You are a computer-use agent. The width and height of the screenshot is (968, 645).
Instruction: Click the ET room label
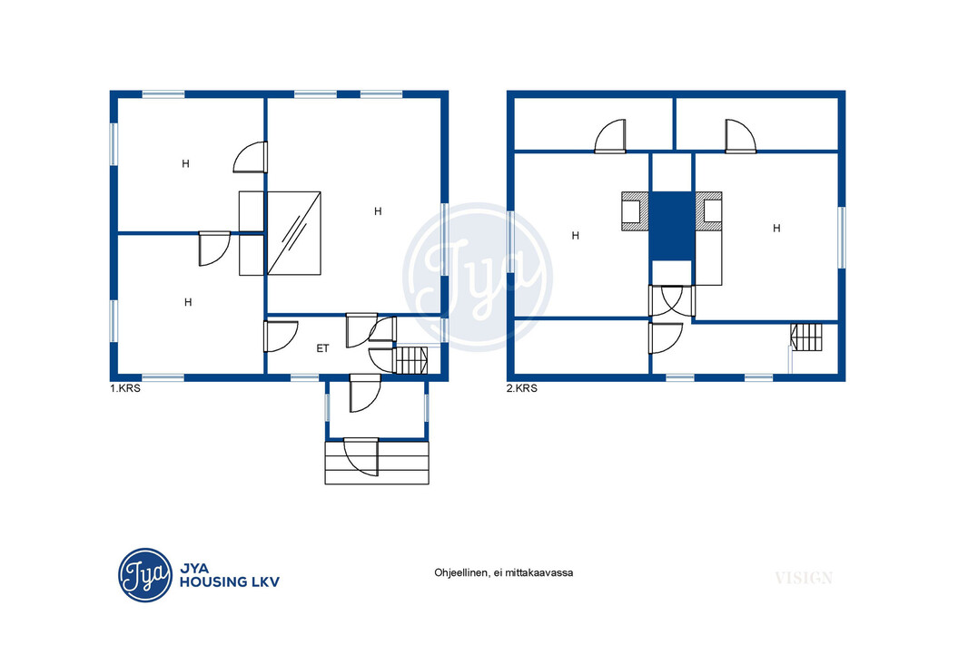(322, 348)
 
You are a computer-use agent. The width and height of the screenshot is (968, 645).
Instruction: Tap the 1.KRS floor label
(125, 388)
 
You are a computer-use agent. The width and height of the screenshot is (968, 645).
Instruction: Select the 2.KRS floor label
(521, 388)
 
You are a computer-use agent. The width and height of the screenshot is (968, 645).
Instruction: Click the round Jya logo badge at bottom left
(145, 575)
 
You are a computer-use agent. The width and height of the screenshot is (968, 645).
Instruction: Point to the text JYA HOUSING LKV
(230, 575)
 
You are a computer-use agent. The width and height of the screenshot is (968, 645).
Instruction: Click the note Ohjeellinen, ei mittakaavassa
(504, 572)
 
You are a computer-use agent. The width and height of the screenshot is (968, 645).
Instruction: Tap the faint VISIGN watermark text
(804, 578)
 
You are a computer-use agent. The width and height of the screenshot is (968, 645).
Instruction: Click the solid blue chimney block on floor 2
(672, 226)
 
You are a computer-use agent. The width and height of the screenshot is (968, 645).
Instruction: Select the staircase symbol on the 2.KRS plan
(807, 337)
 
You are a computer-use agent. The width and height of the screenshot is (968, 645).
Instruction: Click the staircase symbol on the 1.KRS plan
(410, 361)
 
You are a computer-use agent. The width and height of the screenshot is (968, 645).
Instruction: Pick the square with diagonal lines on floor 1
(294, 233)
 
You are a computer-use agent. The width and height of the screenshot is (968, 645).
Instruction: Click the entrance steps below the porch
(377, 462)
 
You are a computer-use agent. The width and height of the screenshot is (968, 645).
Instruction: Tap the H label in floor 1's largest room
(378, 211)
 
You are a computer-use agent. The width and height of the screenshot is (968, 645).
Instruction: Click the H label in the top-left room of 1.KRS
(185, 163)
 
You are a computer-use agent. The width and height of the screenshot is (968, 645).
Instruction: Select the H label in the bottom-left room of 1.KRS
(188, 302)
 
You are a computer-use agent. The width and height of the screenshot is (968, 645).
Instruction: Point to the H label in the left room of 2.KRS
(576, 236)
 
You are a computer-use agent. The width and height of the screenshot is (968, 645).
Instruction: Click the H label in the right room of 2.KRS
(776, 229)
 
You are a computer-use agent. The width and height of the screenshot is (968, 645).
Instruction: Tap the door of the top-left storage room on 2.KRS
(610, 136)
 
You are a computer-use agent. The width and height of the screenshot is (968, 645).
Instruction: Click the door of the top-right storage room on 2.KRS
(740, 136)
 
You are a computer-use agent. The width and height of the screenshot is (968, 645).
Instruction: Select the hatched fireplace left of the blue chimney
(636, 211)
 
